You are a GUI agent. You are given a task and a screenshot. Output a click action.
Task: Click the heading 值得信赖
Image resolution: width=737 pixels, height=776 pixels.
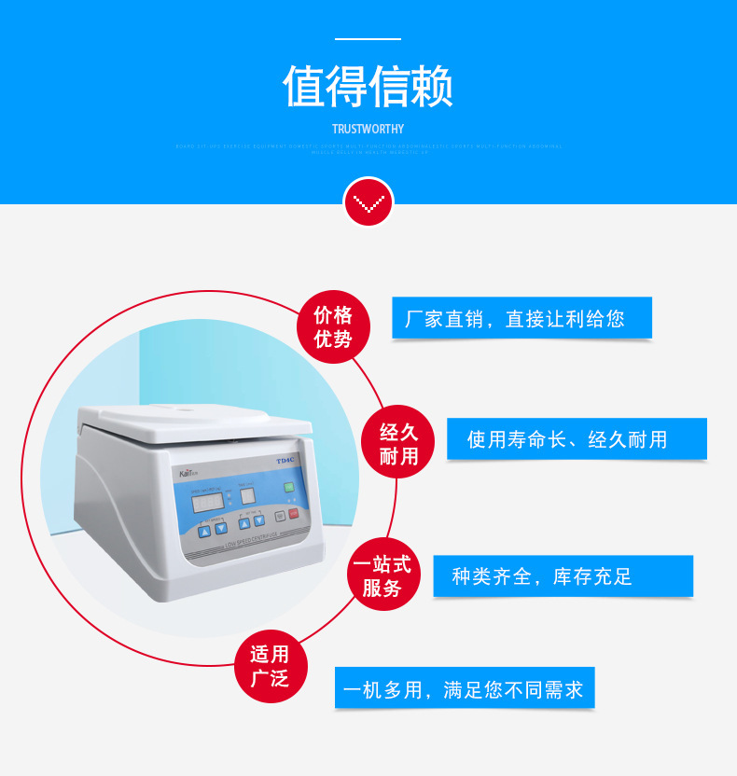point(368,87)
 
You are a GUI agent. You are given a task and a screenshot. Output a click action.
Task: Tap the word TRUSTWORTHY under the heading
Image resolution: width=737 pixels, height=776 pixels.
point(368,129)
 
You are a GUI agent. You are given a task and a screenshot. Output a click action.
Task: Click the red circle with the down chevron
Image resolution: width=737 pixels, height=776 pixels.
point(368,201)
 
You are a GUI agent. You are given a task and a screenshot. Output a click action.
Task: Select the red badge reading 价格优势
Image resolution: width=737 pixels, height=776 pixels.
point(333,326)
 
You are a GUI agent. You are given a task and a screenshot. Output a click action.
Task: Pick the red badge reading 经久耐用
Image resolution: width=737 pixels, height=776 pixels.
point(398,444)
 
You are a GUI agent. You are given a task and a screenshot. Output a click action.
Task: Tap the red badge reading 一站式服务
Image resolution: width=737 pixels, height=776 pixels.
point(382,576)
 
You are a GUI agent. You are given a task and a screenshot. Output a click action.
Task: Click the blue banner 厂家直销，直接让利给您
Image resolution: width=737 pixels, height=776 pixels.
point(521,318)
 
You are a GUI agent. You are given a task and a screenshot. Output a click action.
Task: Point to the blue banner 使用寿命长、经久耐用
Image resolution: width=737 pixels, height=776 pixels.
point(576,439)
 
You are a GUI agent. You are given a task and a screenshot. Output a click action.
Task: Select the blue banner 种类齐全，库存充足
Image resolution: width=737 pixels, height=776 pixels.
point(563,576)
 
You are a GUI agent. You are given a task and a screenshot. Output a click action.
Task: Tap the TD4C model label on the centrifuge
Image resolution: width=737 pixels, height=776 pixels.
point(285,460)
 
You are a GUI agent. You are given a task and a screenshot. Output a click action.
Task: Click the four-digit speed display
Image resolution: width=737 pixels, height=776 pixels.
point(207,501)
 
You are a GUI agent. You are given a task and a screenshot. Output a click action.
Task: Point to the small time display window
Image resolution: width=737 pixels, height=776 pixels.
point(248,496)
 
